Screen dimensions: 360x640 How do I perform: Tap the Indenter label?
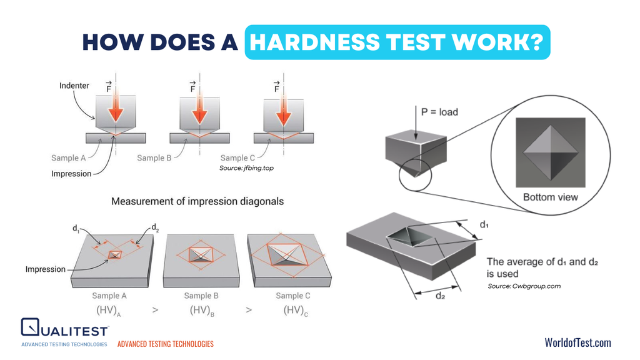tap(74, 85)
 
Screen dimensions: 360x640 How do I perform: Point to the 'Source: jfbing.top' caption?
tap(246, 169)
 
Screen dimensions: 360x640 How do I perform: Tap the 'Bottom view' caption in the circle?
tap(551, 197)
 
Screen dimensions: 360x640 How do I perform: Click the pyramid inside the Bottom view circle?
tap(551, 151)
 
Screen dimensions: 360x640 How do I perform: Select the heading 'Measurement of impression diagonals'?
tap(197, 201)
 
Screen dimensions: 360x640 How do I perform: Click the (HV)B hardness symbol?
tap(202, 310)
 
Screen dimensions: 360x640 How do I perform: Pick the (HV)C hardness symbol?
tap(295, 310)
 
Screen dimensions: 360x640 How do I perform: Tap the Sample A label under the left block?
tap(109, 296)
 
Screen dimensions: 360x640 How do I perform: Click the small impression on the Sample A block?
tap(115, 254)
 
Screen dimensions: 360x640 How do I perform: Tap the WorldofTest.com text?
tap(577, 342)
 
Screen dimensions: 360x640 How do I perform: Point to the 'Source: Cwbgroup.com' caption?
tap(524, 286)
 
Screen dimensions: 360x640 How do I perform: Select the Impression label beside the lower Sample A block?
tap(45, 269)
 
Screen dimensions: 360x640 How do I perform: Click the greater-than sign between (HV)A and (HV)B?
tap(155, 310)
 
